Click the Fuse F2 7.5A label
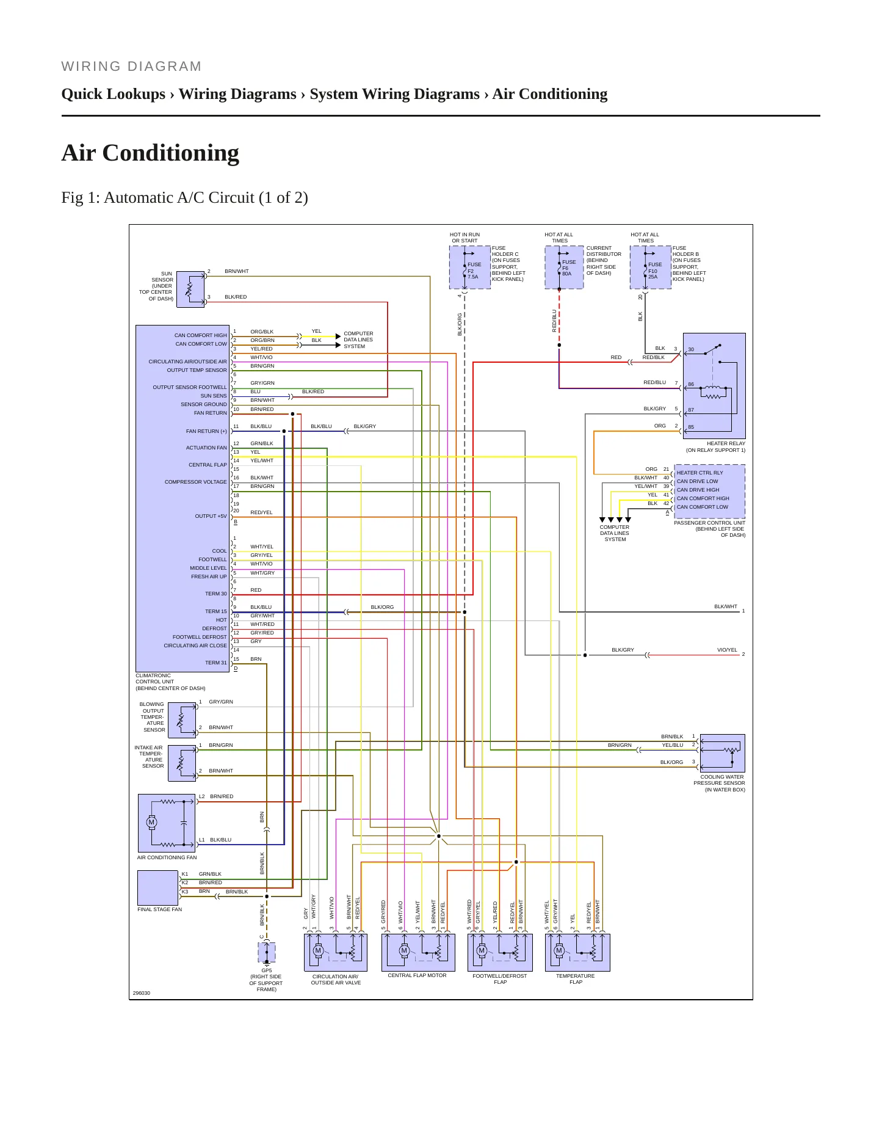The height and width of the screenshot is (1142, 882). [x=474, y=271]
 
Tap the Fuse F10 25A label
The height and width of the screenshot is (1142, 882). [x=655, y=271]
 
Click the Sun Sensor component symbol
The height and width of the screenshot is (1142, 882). [x=190, y=289]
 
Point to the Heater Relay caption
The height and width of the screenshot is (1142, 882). [x=715, y=447]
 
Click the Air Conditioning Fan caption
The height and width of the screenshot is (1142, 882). [x=167, y=857]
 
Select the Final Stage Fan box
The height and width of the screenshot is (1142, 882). [x=158, y=888]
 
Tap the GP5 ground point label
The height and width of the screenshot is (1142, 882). [x=267, y=970]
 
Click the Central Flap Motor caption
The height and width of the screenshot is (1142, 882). [x=417, y=975]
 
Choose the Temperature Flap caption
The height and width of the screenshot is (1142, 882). [x=576, y=979]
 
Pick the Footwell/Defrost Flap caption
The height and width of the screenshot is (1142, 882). [x=500, y=979]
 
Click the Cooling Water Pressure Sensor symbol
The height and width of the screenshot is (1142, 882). [x=723, y=753]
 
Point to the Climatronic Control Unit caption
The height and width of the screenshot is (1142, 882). [x=170, y=682]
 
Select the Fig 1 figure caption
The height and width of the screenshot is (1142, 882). [x=184, y=198]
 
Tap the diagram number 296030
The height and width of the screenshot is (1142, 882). [x=142, y=993]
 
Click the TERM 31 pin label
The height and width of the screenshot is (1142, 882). [x=215, y=663]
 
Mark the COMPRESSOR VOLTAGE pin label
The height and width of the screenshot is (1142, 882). [x=195, y=482]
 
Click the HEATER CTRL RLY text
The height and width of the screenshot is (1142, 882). [x=699, y=473]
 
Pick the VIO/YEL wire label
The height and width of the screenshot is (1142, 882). [x=727, y=650]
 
